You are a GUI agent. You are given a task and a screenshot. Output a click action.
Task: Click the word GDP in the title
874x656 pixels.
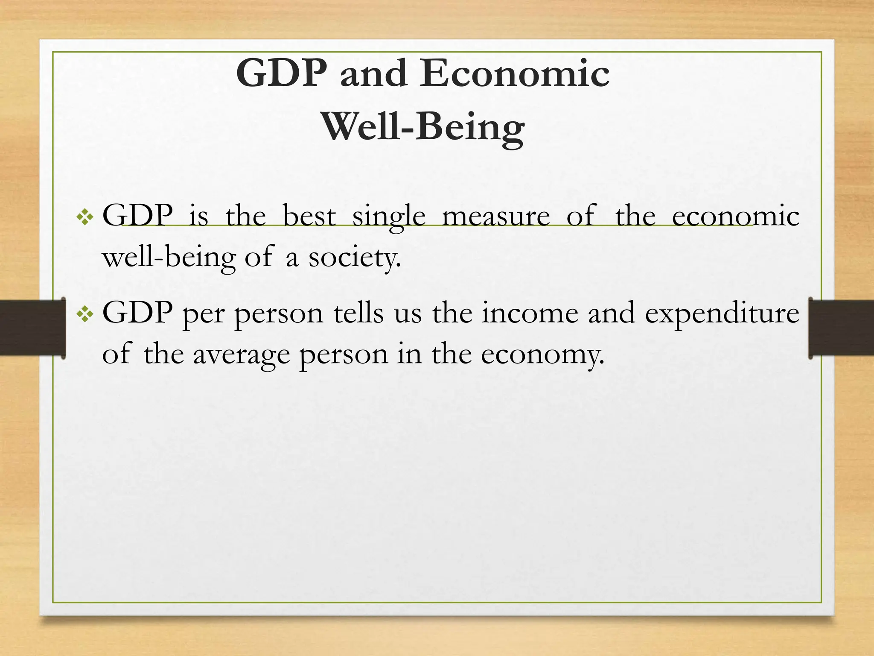(x=282, y=73)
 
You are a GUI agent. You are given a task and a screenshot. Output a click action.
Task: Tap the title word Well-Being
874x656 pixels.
(x=423, y=127)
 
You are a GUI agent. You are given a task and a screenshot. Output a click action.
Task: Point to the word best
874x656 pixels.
(x=309, y=216)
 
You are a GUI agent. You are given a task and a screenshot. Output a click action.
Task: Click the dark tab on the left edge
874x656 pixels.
(x=32, y=328)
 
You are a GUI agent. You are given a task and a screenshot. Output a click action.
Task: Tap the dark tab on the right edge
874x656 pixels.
(x=841, y=328)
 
